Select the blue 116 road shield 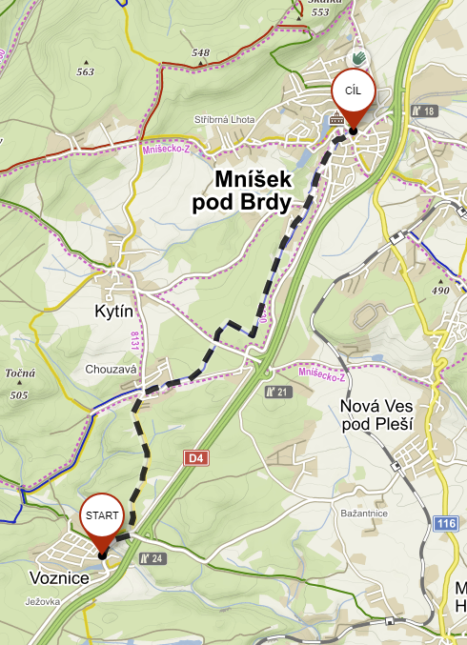pyautogui.click(x=445, y=524)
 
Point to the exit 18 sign pyautogui.click(x=423, y=111)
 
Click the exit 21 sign pyautogui.click(x=277, y=392)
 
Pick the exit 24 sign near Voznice pyautogui.click(x=153, y=558)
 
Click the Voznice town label pyautogui.click(x=59, y=578)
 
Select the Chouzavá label pyautogui.click(x=112, y=369)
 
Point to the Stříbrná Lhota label pyautogui.click(x=225, y=119)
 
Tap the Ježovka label pyautogui.click(x=45, y=601)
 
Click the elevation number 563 pyautogui.click(x=86, y=71)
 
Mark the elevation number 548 pyautogui.click(x=200, y=52)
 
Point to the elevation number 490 pyautogui.click(x=440, y=291)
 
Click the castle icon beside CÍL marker pyautogui.click(x=335, y=119)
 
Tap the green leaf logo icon pyautogui.click(x=359, y=58)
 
